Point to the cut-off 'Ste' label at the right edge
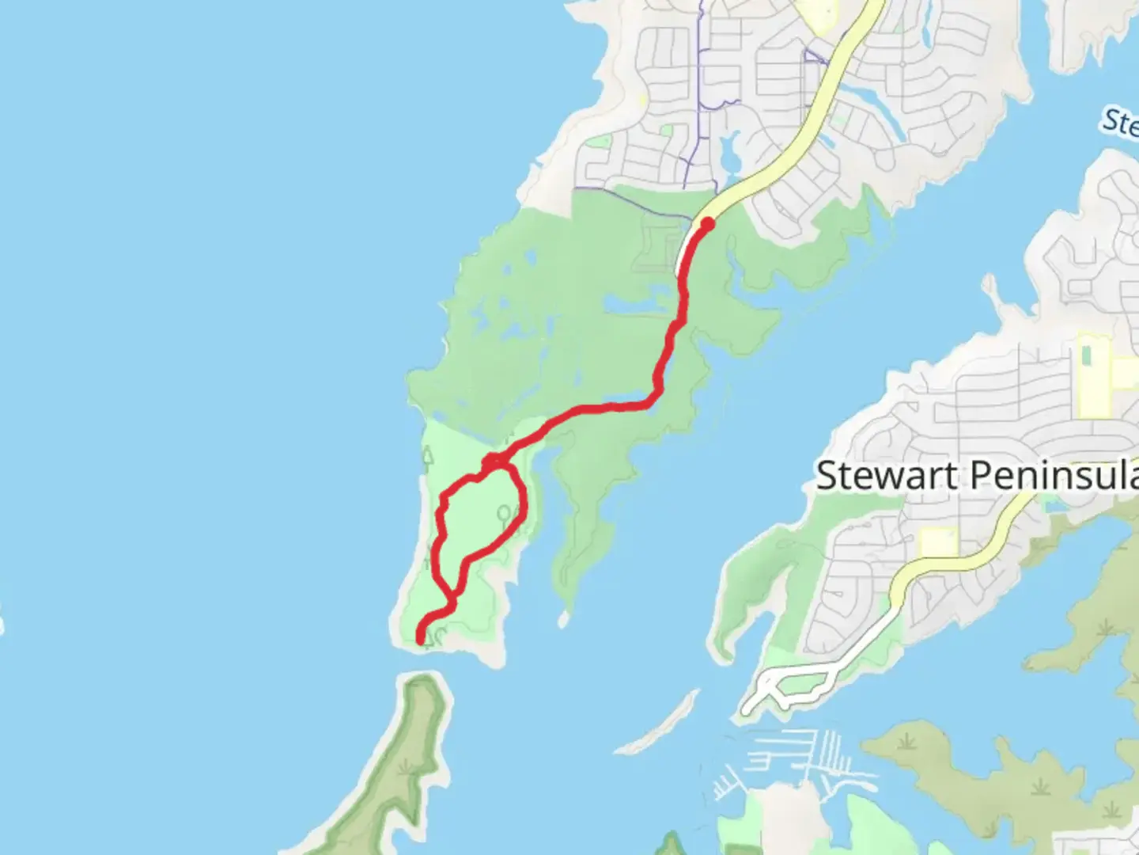pos(1122,123)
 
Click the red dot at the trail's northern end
pos(708,224)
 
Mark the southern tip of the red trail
pos(421,638)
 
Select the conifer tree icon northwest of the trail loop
pos(428,457)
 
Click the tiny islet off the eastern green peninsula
pos(563,617)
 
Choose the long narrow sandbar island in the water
pos(659,722)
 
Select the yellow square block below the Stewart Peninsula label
pos(938,542)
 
